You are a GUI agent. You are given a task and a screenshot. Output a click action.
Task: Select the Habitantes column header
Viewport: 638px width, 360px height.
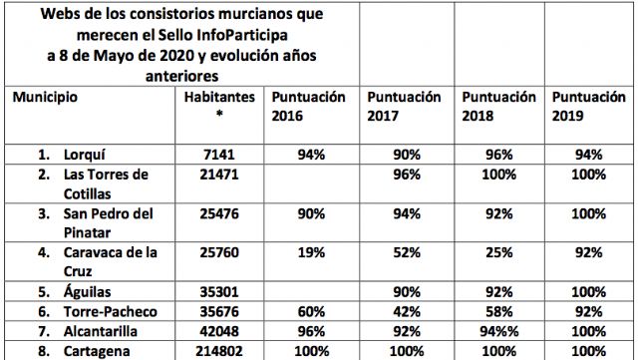[220, 99]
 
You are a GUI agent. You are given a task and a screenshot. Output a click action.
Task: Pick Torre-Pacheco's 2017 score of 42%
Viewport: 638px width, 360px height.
[409, 312]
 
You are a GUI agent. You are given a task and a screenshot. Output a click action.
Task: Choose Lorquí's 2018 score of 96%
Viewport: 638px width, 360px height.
[500, 155]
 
